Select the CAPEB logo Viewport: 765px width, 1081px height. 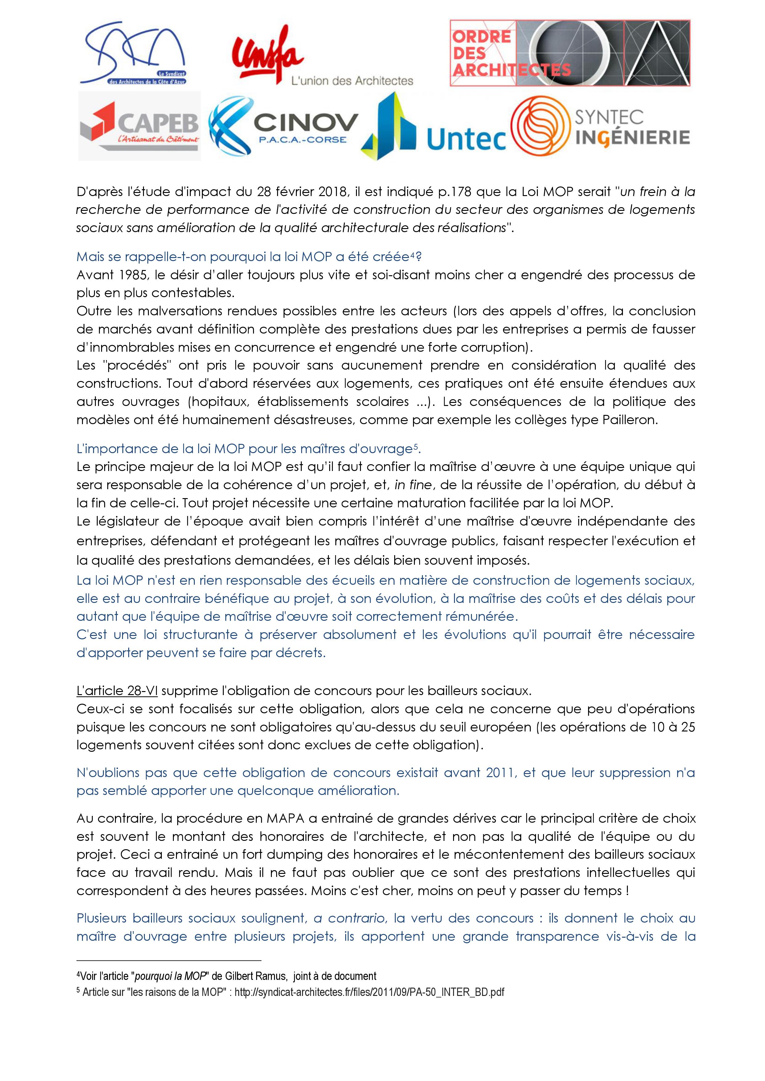[x=139, y=126]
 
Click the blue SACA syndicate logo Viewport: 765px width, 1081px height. [x=133, y=53]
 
